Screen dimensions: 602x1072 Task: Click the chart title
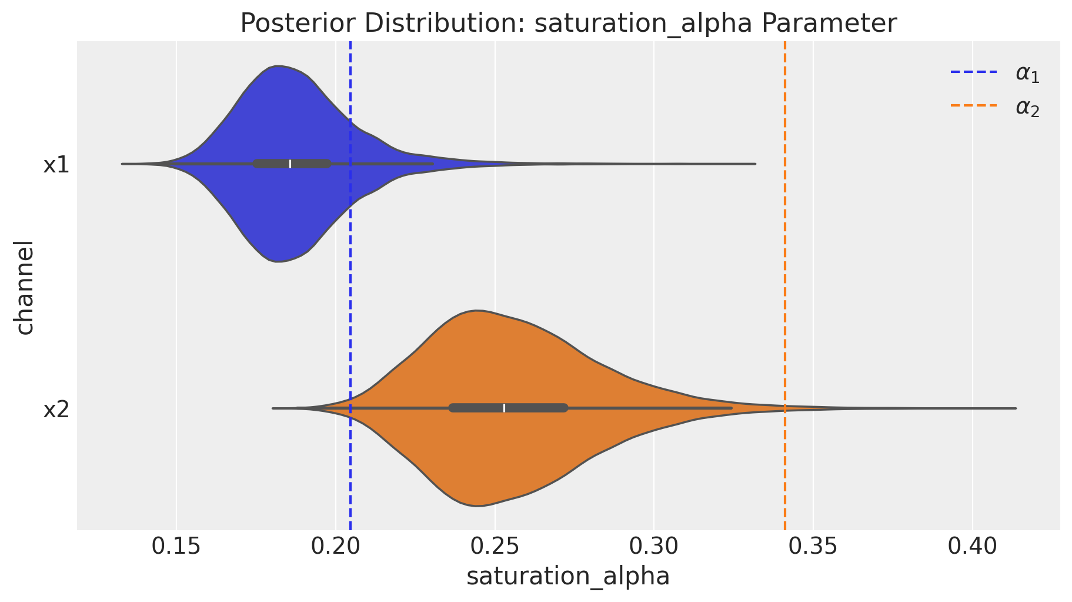(x=568, y=24)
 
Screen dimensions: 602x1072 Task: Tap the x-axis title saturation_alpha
(x=568, y=576)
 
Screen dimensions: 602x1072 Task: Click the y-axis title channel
(x=25, y=287)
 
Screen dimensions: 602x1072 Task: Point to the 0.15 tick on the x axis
(x=176, y=547)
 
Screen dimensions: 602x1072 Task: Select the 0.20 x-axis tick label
(x=335, y=547)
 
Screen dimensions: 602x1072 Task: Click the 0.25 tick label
(x=495, y=547)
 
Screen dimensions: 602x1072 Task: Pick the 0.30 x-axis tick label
(x=653, y=547)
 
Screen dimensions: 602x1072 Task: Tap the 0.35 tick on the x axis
(x=813, y=547)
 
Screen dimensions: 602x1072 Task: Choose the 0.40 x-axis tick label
(x=972, y=547)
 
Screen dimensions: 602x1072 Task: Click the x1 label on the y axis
(x=56, y=165)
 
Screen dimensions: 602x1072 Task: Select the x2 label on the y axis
(x=56, y=410)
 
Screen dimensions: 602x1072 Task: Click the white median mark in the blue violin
(x=290, y=164)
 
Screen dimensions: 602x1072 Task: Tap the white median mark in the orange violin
(x=504, y=408)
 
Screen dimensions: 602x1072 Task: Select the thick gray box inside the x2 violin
(x=535, y=408)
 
